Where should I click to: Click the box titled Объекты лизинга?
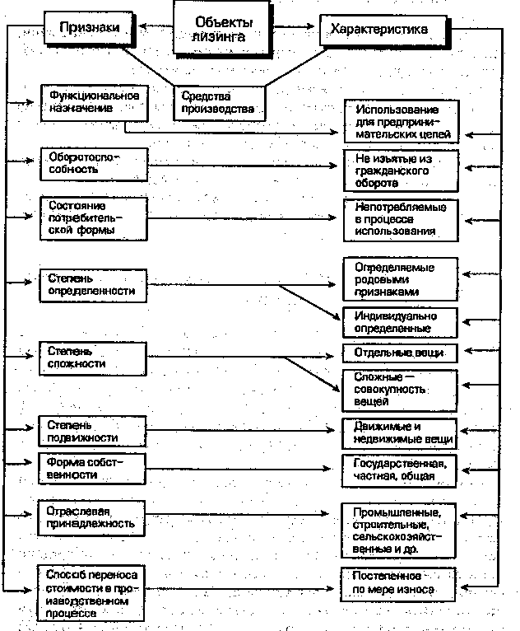[223, 30]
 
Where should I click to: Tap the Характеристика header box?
[381, 30]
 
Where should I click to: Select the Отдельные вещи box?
[399, 353]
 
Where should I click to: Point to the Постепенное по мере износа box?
[399, 583]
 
